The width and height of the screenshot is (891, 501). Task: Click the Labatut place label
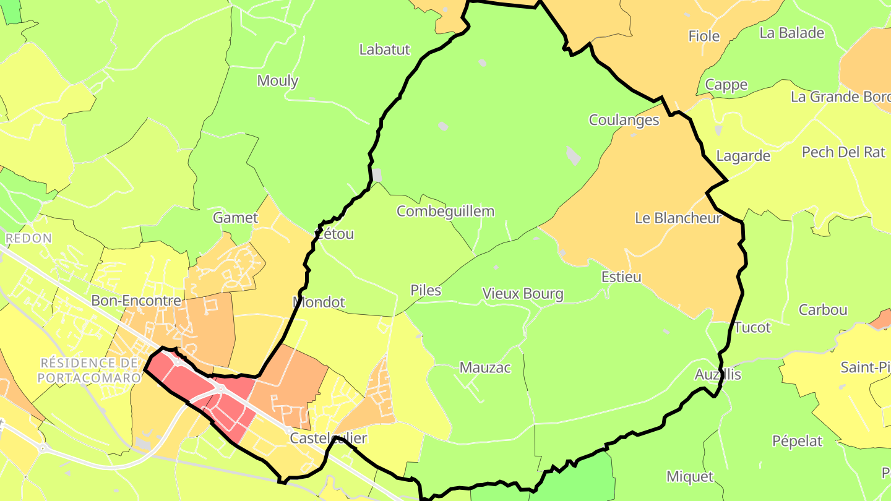(x=384, y=49)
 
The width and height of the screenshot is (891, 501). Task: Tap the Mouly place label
(x=278, y=80)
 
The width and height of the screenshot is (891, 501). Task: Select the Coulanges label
(x=624, y=120)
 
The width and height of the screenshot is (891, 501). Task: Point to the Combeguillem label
(x=445, y=212)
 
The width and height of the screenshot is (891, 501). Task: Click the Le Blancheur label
(x=678, y=218)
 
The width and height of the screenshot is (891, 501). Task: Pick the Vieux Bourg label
(x=523, y=294)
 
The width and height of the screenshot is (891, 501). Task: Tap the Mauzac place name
(x=485, y=368)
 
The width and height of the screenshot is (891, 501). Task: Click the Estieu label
(x=621, y=277)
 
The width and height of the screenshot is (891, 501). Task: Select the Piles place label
(x=426, y=290)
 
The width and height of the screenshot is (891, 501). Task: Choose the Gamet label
(x=235, y=218)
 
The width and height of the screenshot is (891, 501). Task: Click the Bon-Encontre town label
(x=136, y=301)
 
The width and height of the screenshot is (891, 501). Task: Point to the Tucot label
(x=752, y=327)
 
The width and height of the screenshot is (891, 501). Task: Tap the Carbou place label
(x=823, y=310)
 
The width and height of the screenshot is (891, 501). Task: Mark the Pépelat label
(x=798, y=441)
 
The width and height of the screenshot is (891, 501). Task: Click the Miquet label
(x=690, y=477)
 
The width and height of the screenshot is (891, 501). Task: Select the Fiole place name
(x=704, y=36)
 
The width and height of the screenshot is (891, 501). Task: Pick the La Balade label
(x=792, y=33)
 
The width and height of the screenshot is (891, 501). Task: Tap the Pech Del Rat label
(x=843, y=152)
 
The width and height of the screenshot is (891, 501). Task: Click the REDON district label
(x=28, y=238)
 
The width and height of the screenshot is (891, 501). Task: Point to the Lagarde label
(x=743, y=156)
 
